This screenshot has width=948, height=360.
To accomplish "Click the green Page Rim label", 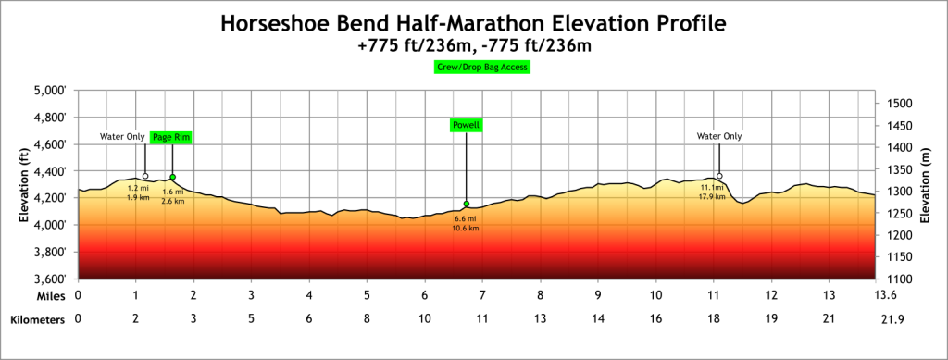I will click(x=171, y=137).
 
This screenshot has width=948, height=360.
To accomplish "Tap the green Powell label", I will click(x=466, y=125).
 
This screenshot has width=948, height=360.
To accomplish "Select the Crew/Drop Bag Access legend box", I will click(x=481, y=68).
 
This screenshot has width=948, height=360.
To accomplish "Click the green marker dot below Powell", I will click(x=467, y=204).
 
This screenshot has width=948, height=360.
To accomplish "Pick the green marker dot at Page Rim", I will click(x=172, y=177).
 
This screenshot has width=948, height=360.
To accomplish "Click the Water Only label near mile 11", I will click(x=719, y=136).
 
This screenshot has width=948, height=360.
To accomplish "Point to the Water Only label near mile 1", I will click(x=122, y=137).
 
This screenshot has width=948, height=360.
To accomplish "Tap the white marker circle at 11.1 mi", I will click(x=719, y=176).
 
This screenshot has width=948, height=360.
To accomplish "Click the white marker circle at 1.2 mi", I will click(x=145, y=176).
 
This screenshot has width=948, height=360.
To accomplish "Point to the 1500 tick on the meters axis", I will click(x=898, y=104).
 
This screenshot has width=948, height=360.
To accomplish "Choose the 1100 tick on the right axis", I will click(x=898, y=279).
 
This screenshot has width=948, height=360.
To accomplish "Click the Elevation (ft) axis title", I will click(x=25, y=184).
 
